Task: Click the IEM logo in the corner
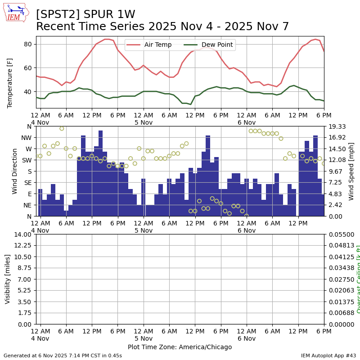pos(16,12)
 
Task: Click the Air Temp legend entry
pos(154,45)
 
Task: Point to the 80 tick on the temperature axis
pos(27,44)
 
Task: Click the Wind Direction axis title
pos(15,171)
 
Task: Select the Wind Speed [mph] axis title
pos(351,171)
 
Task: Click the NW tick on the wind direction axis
pos(27,138)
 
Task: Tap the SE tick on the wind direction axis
pos(28,183)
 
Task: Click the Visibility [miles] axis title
pos(8,279)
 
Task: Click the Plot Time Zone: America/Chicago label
pos(180,347)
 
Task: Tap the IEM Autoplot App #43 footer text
pos(328,355)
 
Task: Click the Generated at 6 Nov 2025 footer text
pos(63,355)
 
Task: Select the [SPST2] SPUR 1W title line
pos(85,14)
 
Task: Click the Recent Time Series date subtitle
pos(162,27)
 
